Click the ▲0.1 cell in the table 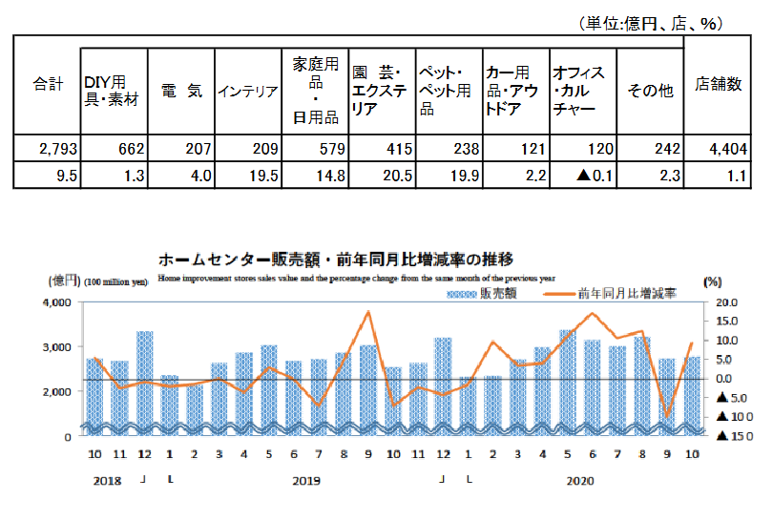click(x=582, y=175)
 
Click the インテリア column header click(x=247, y=92)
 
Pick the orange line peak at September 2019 click(x=368, y=312)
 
